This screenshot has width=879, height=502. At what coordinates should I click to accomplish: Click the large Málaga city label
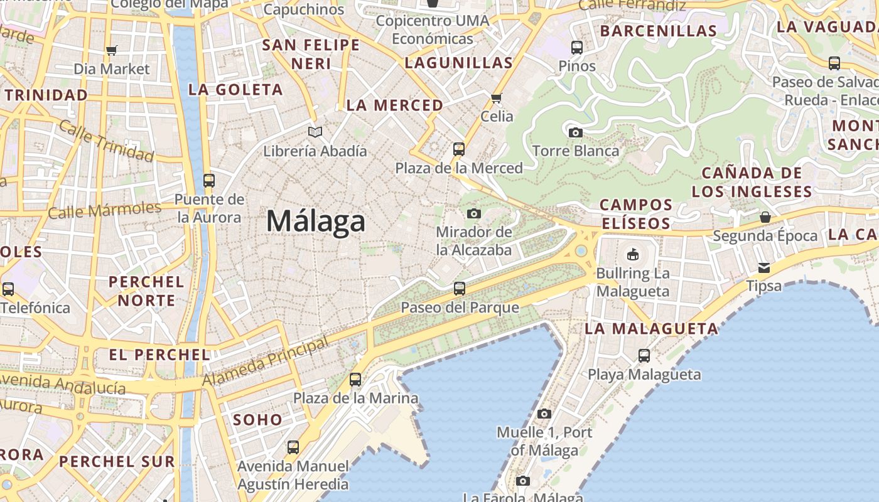(x=316, y=222)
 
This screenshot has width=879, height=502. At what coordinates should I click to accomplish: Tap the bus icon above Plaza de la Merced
(x=459, y=149)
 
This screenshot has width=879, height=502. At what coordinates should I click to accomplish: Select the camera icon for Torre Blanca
(x=575, y=132)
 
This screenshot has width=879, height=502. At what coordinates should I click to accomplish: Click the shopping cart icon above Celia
(x=497, y=98)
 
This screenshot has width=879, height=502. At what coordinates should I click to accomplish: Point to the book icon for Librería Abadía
(x=315, y=132)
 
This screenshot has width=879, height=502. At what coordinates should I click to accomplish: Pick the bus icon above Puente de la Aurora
(x=209, y=181)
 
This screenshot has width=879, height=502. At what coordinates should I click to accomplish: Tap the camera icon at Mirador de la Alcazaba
(x=474, y=214)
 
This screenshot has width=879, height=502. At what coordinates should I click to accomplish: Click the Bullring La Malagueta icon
(x=632, y=254)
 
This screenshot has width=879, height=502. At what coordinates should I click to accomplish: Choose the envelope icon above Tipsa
(x=763, y=268)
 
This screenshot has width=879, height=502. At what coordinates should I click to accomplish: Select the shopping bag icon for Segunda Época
(x=765, y=217)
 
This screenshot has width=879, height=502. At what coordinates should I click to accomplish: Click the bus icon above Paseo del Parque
(x=460, y=289)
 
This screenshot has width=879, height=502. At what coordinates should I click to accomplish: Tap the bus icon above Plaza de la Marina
(x=355, y=380)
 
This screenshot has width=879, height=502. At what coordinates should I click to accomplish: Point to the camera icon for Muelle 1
(x=544, y=414)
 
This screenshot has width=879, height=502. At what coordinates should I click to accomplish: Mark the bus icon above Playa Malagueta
(x=644, y=356)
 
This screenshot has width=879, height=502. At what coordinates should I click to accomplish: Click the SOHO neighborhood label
(x=258, y=420)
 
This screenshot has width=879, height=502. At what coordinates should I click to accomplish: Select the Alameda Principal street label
(x=265, y=362)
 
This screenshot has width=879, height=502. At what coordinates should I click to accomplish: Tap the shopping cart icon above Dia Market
(x=112, y=51)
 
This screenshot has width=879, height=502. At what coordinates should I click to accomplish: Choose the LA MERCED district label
(x=395, y=105)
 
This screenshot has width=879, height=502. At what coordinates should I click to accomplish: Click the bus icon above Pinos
(x=576, y=47)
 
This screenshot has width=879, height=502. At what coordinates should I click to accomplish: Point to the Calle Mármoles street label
(x=104, y=210)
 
